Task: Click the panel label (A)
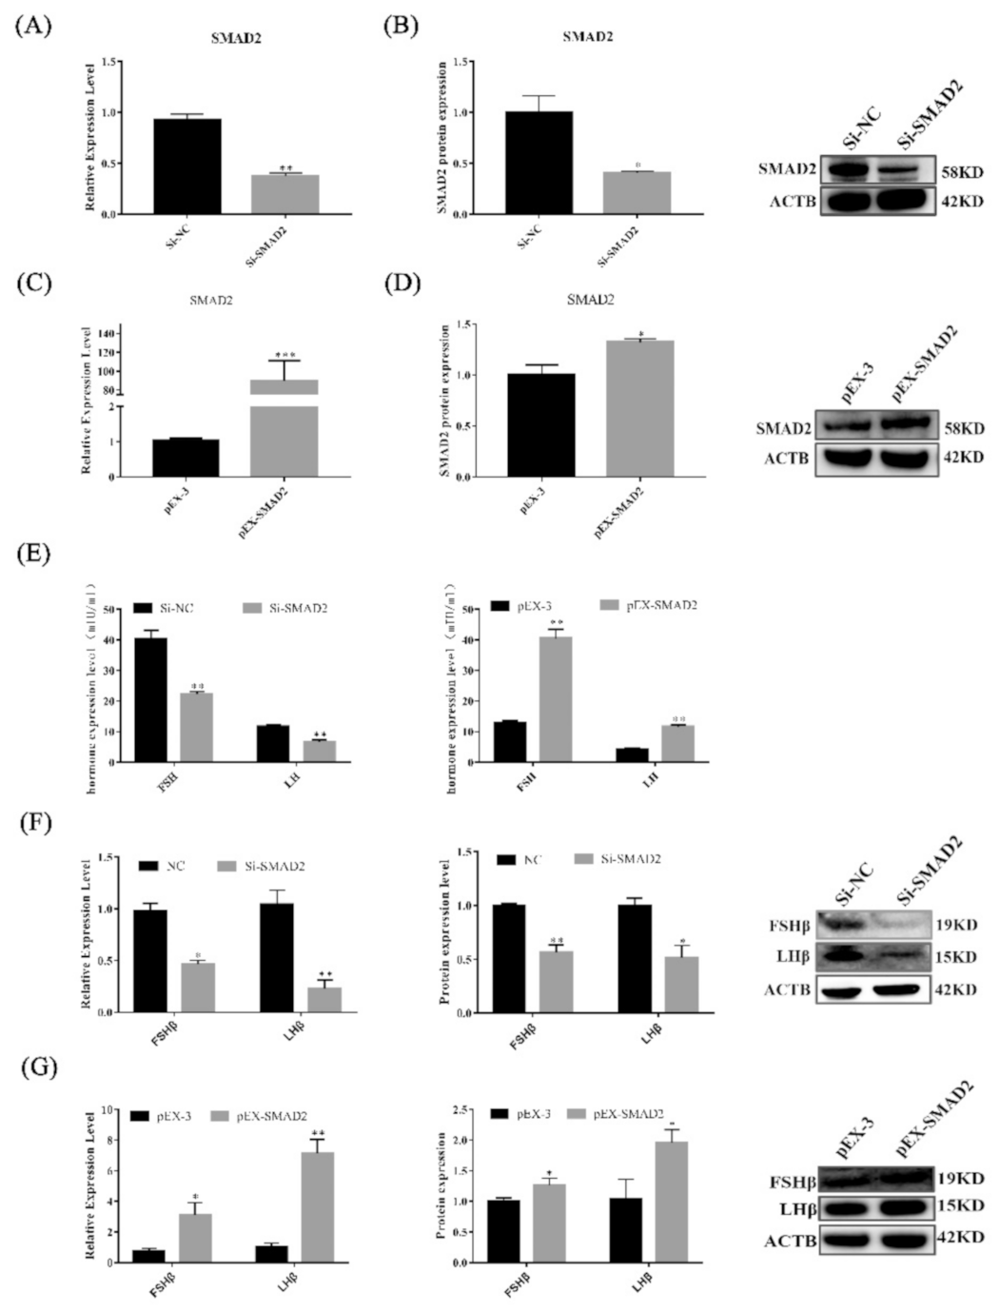(32, 27)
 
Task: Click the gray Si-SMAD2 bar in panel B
(637, 193)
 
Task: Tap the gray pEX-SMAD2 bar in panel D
(639, 408)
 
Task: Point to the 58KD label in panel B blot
(962, 173)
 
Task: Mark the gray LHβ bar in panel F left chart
(324, 1000)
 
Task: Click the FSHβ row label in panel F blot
(788, 925)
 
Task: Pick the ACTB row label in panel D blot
(786, 459)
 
